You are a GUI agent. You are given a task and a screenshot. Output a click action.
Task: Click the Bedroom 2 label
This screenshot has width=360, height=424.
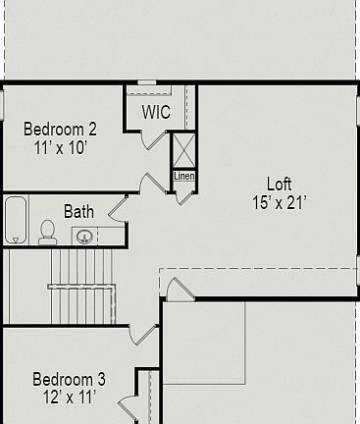coord(60,129)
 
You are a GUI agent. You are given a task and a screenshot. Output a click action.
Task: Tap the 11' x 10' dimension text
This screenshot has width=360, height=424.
coord(60,147)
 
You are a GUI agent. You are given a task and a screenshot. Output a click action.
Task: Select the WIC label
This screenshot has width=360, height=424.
coord(156,113)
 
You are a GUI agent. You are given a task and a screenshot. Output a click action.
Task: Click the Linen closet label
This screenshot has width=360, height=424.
coord(183,176)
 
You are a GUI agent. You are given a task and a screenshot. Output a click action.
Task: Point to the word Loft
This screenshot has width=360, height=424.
coord(280,185)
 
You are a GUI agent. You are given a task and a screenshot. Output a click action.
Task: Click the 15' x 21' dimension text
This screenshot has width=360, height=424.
coord(280,203)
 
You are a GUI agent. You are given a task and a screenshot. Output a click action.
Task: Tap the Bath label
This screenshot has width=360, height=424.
coord(78,210)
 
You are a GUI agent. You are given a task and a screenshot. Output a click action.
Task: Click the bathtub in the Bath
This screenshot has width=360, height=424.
coord(16,220)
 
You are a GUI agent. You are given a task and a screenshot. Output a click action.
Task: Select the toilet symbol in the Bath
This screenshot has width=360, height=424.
coord(47,232)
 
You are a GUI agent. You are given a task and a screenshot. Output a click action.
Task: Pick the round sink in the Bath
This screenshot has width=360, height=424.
coord(85,236)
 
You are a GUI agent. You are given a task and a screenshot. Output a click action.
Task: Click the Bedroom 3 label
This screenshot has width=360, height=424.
coord(69,379)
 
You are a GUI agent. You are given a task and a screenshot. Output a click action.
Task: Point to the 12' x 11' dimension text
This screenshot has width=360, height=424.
coord(69,397)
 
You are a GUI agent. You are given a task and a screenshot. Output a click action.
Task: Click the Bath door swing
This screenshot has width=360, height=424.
coord(118,208)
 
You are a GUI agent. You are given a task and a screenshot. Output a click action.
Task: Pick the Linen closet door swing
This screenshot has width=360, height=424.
coord(184,192)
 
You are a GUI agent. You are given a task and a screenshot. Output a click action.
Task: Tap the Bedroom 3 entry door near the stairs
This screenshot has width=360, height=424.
coord(143,334)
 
